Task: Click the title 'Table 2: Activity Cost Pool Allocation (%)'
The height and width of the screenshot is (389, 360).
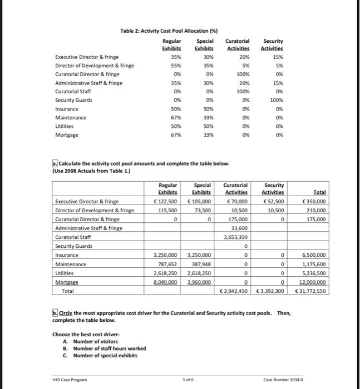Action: click(x=165, y=30)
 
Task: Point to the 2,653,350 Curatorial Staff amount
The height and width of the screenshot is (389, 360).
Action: click(x=236, y=237)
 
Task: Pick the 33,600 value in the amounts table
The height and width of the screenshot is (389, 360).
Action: click(x=240, y=228)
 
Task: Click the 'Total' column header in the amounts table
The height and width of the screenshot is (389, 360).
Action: click(x=319, y=192)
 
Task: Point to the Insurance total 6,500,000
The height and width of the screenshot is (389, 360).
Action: click(x=313, y=255)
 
